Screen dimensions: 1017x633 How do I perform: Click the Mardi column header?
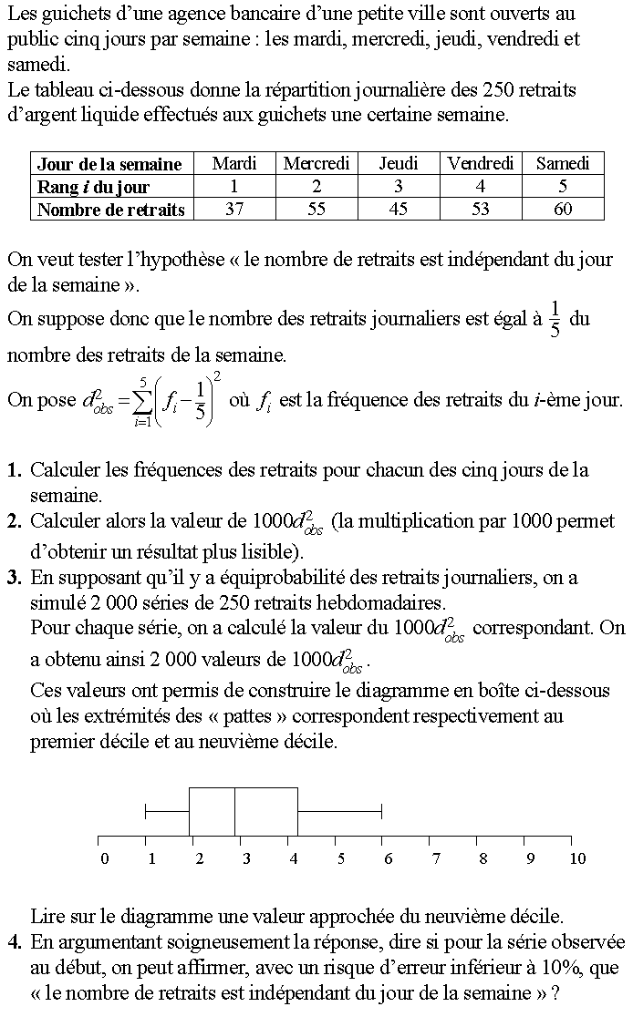[233, 163]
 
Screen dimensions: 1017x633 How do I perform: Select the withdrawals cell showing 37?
[233, 209]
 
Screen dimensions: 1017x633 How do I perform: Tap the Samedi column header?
[563, 163]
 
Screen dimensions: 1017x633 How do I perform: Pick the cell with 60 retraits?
[563, 209]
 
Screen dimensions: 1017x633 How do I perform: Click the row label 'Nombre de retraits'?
[110, 209]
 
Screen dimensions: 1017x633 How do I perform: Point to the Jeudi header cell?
[399, 163]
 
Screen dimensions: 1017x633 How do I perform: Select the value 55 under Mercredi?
[316, 209]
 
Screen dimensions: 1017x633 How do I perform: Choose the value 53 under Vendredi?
[481, 209]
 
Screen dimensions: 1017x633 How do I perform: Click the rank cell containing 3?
[399, 186]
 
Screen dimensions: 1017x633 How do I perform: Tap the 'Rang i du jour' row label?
[93, 186]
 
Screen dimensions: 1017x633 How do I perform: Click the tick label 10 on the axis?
[576, 858]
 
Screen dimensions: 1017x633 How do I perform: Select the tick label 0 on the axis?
[105, 858]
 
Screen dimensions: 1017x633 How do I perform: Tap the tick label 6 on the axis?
[388, 858]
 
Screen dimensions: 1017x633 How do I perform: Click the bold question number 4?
[14, 942]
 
